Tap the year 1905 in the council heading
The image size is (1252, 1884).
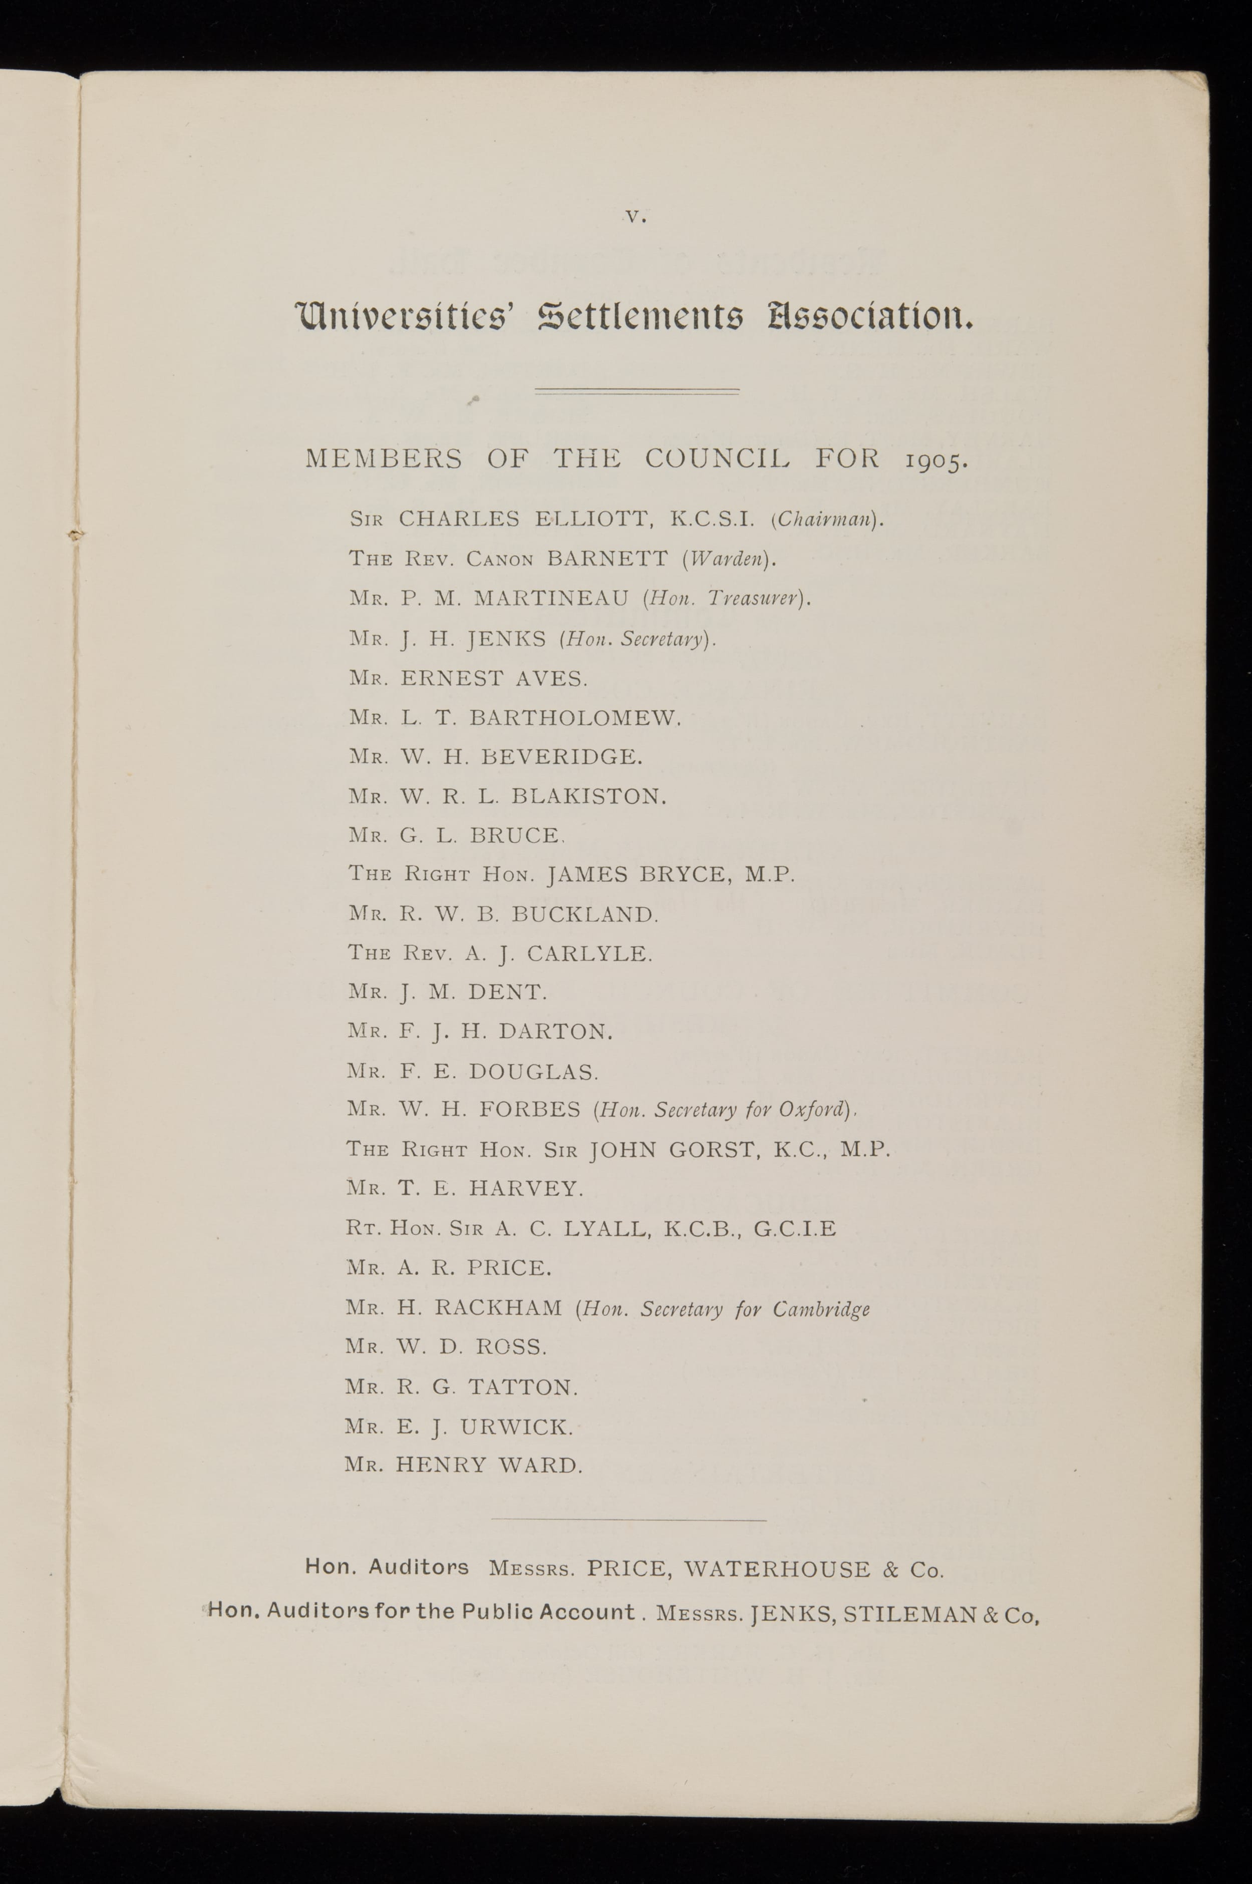[x=936, y=461]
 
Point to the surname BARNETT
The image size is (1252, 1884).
[x=607, y=559]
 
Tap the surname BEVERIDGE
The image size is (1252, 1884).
[x=561, y=756]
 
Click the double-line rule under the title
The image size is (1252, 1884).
[x=637, y=391]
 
